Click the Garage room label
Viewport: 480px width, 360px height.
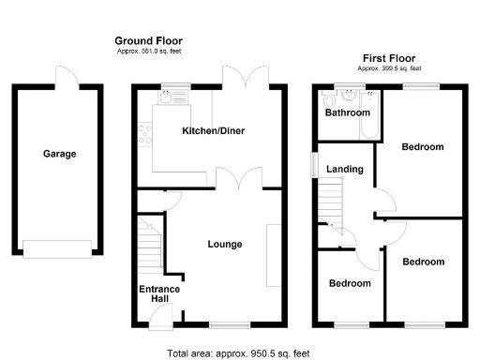(x=58, y=154)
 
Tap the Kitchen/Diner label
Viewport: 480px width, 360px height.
(x=213, y=131)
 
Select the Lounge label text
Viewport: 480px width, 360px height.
(x=225, y=244)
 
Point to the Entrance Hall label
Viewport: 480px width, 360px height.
(x=159, y=294)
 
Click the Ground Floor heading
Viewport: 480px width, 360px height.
(x=148, y=41)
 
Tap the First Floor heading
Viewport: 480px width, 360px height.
(x=388, y=57)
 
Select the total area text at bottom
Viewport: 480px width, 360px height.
(x=238, y=353)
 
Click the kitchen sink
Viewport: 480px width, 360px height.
(x=172, y=92)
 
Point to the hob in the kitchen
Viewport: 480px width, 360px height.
(x=145, y=138)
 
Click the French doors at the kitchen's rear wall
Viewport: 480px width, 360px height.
(x=246, y=79)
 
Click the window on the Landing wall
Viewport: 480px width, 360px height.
(x=315, y=162)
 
